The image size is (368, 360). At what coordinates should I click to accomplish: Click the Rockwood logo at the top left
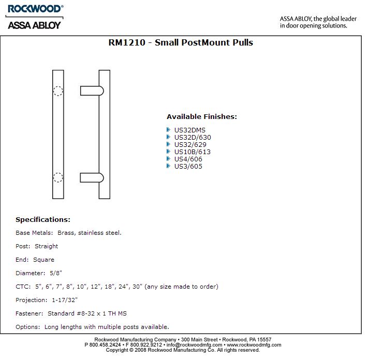coord(34,9)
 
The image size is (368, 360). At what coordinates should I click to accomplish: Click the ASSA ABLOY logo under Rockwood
coord(34,24)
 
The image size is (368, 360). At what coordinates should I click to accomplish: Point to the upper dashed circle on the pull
coord(58,91)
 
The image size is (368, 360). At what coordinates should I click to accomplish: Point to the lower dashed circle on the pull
coord(58,177)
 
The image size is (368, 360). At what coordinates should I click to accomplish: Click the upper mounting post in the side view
coord(91,91)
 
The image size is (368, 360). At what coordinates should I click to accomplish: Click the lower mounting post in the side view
coord(91,177)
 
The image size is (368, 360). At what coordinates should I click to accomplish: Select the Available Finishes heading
coord(202,117)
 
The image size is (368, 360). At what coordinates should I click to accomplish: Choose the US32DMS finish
coord(190,130)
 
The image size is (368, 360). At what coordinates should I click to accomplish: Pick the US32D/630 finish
coord(193,138)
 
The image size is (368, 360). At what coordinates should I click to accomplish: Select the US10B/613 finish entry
coord(193,152)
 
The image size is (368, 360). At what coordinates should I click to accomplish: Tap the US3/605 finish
coord(188,167)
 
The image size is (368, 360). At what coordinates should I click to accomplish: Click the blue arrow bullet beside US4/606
coord(169,159)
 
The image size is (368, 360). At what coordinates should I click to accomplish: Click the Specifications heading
coord(43,220)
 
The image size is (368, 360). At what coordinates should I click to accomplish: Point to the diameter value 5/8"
coord(56,273)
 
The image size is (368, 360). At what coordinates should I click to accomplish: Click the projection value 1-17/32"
coord(65,300)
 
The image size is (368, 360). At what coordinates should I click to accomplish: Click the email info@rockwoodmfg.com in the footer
coord(194,344)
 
